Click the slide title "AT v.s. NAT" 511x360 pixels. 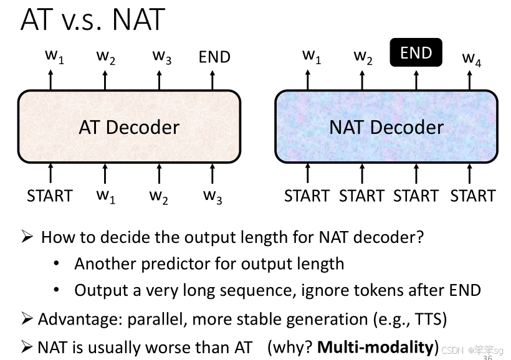(92, 20)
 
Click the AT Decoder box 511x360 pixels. (129, 127)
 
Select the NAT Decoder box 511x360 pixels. (386, 127)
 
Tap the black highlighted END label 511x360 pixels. (416, 53)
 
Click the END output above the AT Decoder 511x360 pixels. (214, 57)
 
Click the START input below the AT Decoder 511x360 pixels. (50, 196)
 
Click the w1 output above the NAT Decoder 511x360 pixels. (312, 56)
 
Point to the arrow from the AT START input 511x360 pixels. (51, 173)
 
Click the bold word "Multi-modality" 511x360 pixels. (375, 347)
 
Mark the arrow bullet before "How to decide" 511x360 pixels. (27, 237)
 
